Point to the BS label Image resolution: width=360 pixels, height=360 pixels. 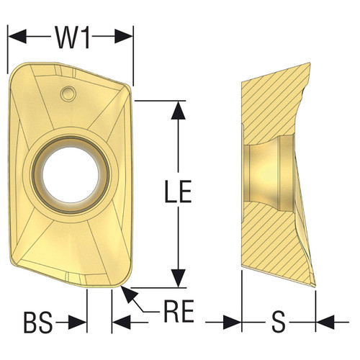(37, 324)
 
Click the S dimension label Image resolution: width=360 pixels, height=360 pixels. (277, 324)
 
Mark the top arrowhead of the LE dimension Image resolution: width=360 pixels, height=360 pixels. (175, 107)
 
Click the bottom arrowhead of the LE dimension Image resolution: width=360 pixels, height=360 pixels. (175, 280)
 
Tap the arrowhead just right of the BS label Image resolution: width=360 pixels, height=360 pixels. (79, 323)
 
